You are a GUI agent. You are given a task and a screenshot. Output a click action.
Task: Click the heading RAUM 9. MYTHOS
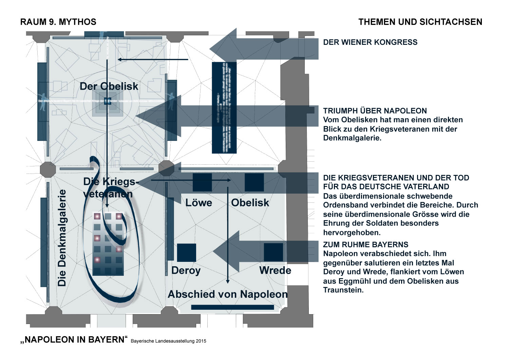pyautogui.click(x=58, y=22)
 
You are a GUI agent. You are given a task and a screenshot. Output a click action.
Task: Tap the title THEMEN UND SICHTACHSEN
pyautogui.click(x=420, y=22)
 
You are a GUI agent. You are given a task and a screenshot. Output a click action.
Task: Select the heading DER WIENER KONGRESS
pyautogui.click(x=370, y=42)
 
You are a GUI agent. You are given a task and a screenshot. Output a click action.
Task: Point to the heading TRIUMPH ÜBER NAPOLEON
pyautogui.click(x=375, y=111)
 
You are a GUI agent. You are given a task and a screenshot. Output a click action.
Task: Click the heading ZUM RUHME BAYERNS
pyautogui.click(x=366, y=245)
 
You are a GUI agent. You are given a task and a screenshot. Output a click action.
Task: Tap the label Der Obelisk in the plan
pyautogui.click(x=109, y=86)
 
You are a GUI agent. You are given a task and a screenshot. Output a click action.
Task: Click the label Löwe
pyautogui.click(x=199, y=203)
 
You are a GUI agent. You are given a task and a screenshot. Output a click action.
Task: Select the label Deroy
pyautogui.click(x=186, y=271)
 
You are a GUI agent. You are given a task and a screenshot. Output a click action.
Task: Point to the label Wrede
pyautogui.click(x=275, y=271)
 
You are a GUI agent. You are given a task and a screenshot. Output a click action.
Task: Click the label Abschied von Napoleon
pyautogui.click(x=228, y=294)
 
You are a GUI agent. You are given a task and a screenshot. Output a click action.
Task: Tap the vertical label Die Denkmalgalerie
pyautogui.click(x=62, y=238)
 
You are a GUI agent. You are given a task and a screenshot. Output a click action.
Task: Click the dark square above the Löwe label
pyautogui.click(x=202, y=182)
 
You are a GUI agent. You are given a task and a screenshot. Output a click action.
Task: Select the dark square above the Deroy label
pyautogui.click(x=187, y=253)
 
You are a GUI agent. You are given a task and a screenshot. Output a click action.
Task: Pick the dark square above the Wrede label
pyautogui.click(x=274, y=252)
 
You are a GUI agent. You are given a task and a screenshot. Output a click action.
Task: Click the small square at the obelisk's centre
pyautogui.click(x=108, y=101)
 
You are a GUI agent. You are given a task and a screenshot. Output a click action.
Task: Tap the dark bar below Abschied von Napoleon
pyautogui.click(x=232, y=307)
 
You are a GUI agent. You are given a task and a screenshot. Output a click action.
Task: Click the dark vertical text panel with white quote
pyautogui.click(x=224, y=108)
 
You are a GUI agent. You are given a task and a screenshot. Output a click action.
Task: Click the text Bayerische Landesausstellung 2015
pyautogui.click(x=168, y=341)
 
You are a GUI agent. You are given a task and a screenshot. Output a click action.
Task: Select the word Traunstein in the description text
pyautogui.click(x=343, y=290)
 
